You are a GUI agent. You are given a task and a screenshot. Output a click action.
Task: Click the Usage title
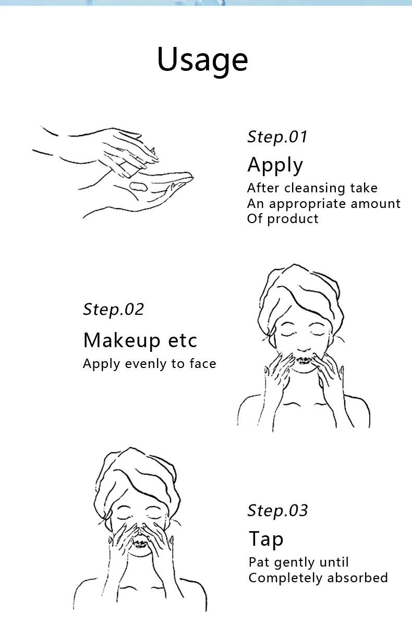202,60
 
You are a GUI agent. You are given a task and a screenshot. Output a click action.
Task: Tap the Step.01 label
277,137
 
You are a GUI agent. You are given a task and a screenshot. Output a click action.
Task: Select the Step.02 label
113,309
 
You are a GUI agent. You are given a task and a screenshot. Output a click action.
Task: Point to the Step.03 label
277,510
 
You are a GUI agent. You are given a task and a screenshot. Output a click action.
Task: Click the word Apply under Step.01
275,165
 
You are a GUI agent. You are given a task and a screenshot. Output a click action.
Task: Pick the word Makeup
122,341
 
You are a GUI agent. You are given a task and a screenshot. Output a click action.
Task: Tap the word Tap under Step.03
266,539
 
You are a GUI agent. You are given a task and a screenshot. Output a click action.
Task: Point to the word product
293,219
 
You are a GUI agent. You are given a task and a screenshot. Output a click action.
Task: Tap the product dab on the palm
139,186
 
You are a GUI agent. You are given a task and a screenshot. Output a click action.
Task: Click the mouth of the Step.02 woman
304,360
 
